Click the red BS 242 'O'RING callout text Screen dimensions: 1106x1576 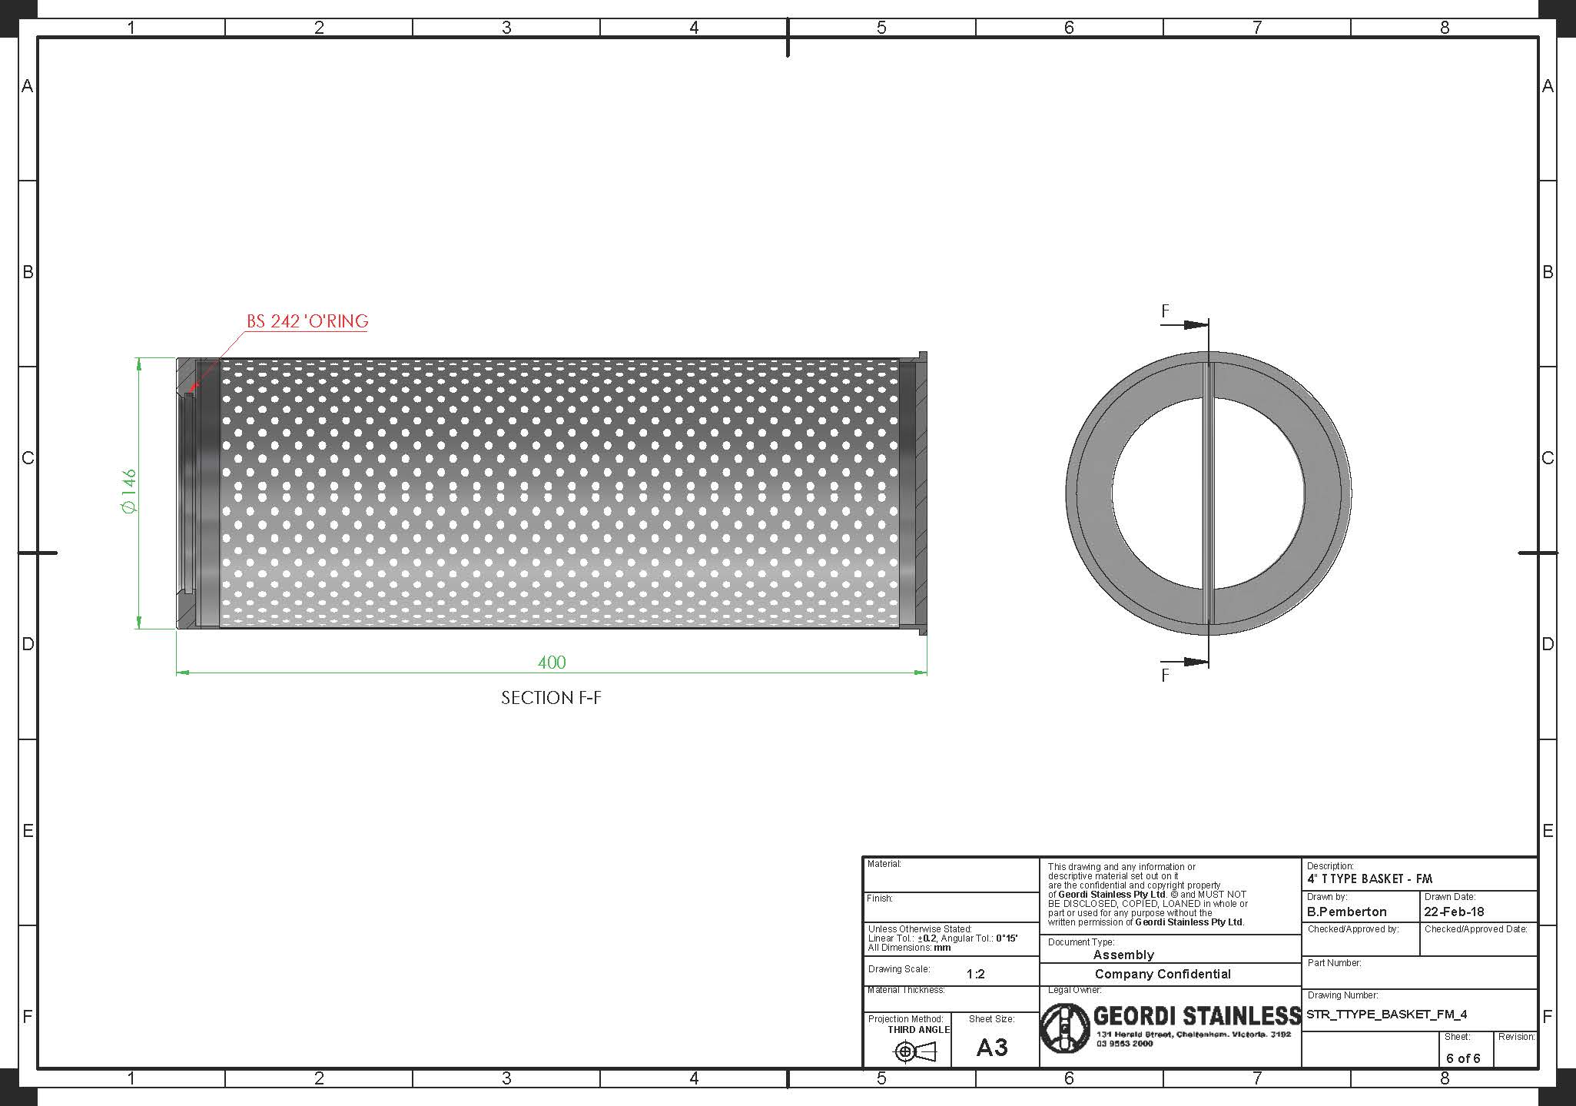[x=307, y=321]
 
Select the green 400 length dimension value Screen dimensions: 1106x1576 [x=552, y=663]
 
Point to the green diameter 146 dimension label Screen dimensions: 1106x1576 [x=128, y=492]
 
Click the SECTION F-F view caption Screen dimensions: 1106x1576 [x=551, y=698]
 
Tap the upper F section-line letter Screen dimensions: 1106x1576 [x=1165, y=311]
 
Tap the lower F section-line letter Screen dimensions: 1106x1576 [x=1165, y=676]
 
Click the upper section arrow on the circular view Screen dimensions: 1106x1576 [x=1195, y=325]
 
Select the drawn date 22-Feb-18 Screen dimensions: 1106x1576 [x=1454, y=912]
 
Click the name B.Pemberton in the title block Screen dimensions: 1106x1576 [x=1346, y=912]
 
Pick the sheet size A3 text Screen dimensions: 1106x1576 [x=992, y=1048]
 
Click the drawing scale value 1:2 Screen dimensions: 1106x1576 [x=976, y=975]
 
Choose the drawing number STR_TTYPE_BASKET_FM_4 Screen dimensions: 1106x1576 [x=1386, y=1015]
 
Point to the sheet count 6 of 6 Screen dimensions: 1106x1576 [x=1463, y=1058]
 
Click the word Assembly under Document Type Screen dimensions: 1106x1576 [x=1123, y=955]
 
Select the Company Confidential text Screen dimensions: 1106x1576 [x=1163, y=975]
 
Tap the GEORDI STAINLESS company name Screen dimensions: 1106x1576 [x=1196, y=1016]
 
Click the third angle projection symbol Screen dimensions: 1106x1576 [x=914, y=1051]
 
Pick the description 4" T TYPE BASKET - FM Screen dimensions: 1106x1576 [x=1369, y=879]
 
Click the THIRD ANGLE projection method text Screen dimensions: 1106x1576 [x=919, y=1030]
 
